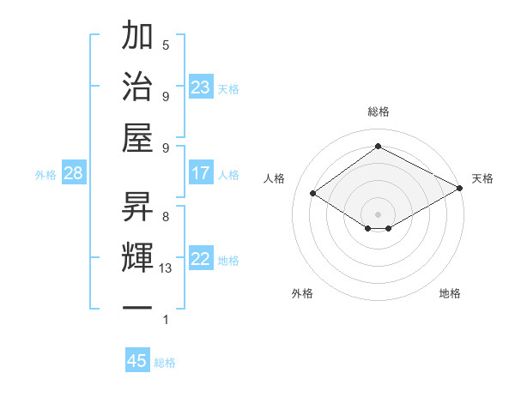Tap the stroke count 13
[x=166, y=268]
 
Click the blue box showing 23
[x=200, y=87]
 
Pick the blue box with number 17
[x=200, y=173]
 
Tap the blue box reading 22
[x=200, y=260]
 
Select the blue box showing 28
[x=73, y=174]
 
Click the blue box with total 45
[x=137, y=360]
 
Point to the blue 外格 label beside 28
[x=45, y=175]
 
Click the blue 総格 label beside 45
[x=165, y=362]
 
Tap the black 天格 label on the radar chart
[x=483, y=178]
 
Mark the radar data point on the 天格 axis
[x=459, y=189]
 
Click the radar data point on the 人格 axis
[x=313, y=194]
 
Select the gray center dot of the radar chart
[x=378, y=213]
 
